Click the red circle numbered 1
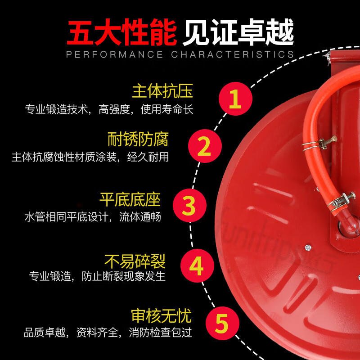coord(234,99)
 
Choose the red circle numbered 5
coord(221,323)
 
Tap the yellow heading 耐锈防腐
coord(138,139)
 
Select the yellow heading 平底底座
coord(130,199)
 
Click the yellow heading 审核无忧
coord(161,315)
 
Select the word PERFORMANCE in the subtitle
coord(114,54)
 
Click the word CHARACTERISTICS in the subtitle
coord(232,54)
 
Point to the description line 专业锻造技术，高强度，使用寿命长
coord(109,109)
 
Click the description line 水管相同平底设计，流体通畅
coord(92,216)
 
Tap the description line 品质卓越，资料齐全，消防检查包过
coord(108,333)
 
